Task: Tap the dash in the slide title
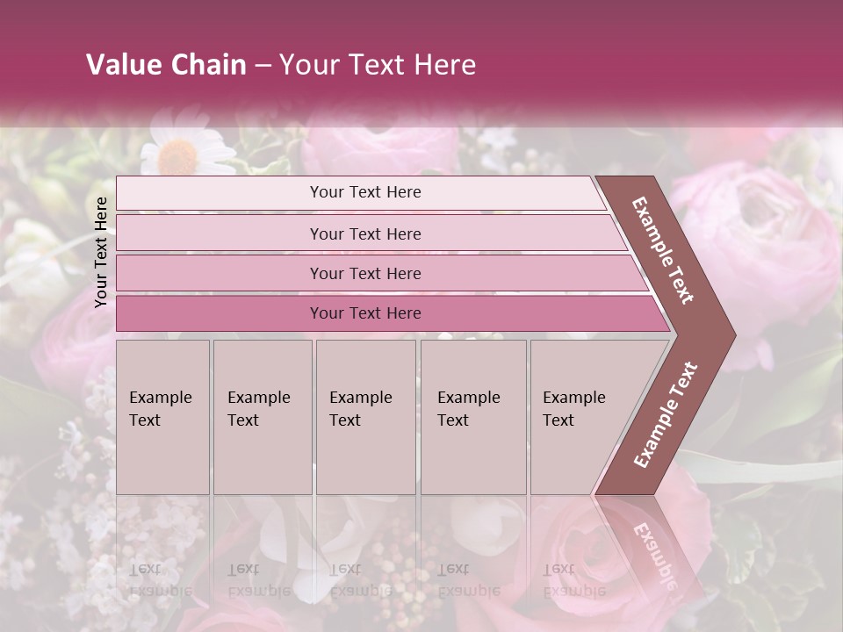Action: [x=263, y=66]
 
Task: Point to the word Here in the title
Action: [x=444, y=65]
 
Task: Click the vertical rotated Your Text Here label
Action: [x=101, y=252]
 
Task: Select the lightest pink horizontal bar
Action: [x=364, y=192]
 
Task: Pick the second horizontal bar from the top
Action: [x=364, y=233]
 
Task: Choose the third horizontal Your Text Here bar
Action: [x=364, y=273]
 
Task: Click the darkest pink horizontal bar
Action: [x=364, y=313]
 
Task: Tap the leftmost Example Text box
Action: [x=162, y=416]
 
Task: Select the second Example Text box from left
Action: [x=262, y=416]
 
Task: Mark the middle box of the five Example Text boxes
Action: [x=365, y=416]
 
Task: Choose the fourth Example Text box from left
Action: [x=472, y=416]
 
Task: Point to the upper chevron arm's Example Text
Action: [x=663, y=250]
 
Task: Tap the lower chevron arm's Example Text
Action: [x=665, y=414]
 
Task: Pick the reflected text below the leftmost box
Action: [x=160, y=579]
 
